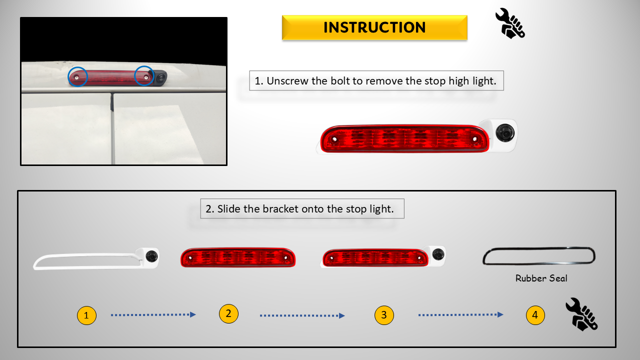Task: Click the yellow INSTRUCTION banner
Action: pyautogui.click(x=374, y=27)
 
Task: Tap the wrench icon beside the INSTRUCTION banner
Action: pyautogui.click(x=510, y=23)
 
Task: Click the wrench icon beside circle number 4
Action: pyautogui.click(x=581, y=314)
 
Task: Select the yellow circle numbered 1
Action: pyautogui.click(x=86, y=315)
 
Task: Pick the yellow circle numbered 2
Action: pyautogui.click(x=228, y=313)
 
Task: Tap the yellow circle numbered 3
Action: pyautogui.click(x=384, y=315)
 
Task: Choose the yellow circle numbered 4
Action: pyautogui.click(x=535, y=315)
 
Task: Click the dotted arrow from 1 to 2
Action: pyautogui.click(x=153, y=315)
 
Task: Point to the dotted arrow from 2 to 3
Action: pyautogui.click(x=302, y=315)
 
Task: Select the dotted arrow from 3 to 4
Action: pyautogui.click(x=461, y=315)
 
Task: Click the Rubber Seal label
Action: pyautogui.click(x=541, y=278)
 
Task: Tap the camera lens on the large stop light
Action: pyautogui.click(x=505, y=133)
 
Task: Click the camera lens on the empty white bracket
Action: pyautogui.click(x=151, y=256)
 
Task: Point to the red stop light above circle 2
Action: pyautogui.click(x=238, y=257)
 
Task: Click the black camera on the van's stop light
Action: pyautogui.click(x=160, y=77)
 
